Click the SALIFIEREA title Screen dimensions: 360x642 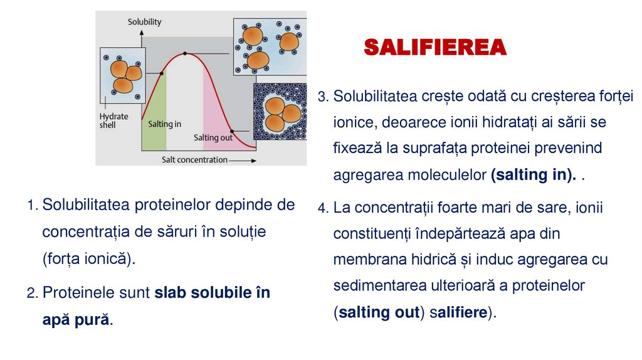pyautogui.click(x=435, y=47)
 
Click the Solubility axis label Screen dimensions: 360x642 pyautogui.click(x=145, y=22)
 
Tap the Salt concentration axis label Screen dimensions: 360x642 pyautogui.click(x=194, y=160)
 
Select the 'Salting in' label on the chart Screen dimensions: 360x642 pyautogui.click(x=164, y=124)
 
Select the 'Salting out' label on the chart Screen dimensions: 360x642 pyautogui.click(x=213, y=137)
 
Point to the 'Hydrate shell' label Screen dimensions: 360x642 pyautogui.click(x=113, y=120)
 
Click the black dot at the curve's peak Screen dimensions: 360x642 pyautogui.click(x=185, y=53)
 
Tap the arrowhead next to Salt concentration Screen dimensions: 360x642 pyautogui.click(x=253, y=161)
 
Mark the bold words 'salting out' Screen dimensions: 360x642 pyautogui.click(x=379, y=313)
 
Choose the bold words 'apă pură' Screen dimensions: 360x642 pyautogui.click(x=76, y=319)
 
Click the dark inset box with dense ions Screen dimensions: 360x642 pyautogui.click(x=280, y=112)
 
